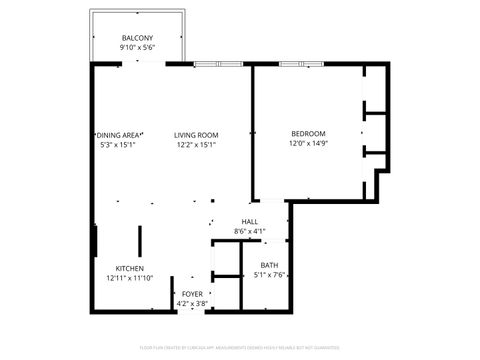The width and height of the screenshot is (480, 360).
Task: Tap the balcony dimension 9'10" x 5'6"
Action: tap(137, 47)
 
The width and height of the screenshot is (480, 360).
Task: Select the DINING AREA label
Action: tap(120, 135)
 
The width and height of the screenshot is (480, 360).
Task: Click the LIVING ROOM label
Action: tap(196, 135)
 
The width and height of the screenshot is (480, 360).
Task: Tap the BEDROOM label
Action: tap(308, 133)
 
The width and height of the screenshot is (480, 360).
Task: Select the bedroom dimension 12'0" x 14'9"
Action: tap(308, 144)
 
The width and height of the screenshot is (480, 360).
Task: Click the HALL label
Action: tap(250, 221)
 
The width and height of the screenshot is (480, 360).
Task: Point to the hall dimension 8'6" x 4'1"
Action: tap(250, 232)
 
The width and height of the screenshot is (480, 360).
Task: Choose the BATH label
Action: tap(270, 265)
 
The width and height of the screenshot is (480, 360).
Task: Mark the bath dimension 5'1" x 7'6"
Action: tap(270, 276)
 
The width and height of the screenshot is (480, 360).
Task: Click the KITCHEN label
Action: tap(129, 268)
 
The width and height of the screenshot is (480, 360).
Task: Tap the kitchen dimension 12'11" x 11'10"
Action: tap(129, 279)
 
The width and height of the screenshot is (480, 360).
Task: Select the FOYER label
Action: tap(191, 293)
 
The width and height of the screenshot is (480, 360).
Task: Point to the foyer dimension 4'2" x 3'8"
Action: tap(191, 304)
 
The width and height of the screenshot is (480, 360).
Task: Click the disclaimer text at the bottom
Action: tap(240, 349)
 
